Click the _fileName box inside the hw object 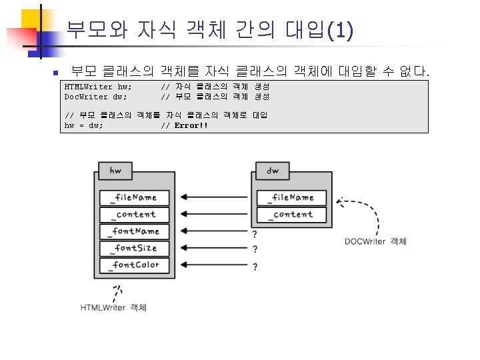(135, 197)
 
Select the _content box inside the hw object (135, 215)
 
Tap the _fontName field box (135, 231)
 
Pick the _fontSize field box (135, 248)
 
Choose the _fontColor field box (135, 265)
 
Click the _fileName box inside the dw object (292, 197)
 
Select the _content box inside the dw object (292, 215)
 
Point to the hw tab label (115, 171)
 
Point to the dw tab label (273, 171)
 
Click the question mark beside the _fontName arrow (255, 234)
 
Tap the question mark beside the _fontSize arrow (255, 250)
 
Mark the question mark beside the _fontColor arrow (255, 267)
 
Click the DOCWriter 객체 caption (375, 241)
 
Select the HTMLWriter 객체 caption (113, 307)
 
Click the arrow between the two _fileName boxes (213, 197)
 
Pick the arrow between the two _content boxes (213, 215)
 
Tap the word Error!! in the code (191, 125)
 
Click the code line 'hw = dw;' (83, 125)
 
